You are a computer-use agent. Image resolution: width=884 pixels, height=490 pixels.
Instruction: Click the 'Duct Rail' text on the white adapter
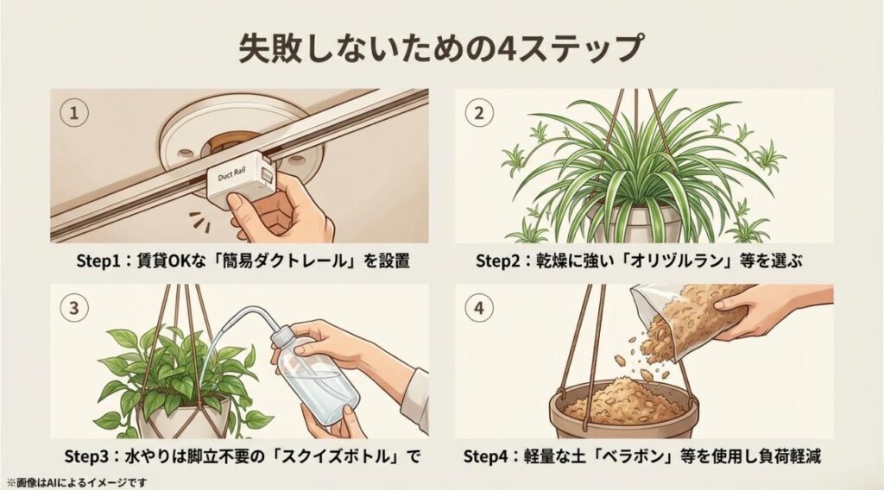pyautogui.click(x=230, y=174)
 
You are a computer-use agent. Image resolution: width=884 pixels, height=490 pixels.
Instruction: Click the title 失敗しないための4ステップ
pyautogui.click(x=441, y=48)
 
